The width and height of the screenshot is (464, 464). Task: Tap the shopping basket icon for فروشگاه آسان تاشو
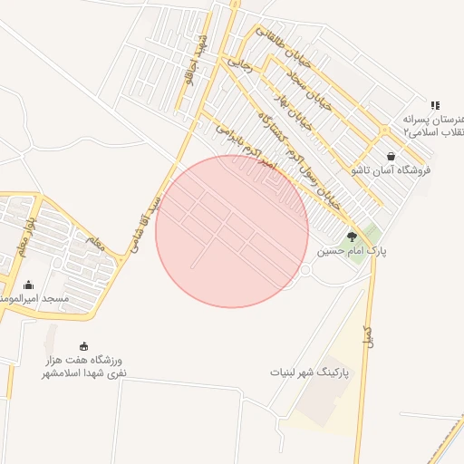[x=391, y=156]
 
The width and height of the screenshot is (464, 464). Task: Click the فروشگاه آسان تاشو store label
[x=390, y=170]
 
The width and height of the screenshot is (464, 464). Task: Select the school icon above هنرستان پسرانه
[x=435, y=105]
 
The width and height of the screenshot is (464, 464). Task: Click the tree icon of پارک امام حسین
[x=352, y=237]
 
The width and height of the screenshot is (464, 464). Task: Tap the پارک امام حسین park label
[x=352, y=251]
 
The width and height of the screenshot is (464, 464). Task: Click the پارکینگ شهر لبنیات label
[x=309, y=372]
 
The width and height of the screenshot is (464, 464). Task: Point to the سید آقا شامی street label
[x=146, y=222]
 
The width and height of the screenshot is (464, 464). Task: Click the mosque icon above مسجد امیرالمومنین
[x=28, y=285]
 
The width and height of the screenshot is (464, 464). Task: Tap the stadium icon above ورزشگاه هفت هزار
[x=85, y=345]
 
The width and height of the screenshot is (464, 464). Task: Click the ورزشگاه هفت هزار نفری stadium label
[x=85, y=366]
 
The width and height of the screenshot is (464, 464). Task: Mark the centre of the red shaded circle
[x=232, y=231]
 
